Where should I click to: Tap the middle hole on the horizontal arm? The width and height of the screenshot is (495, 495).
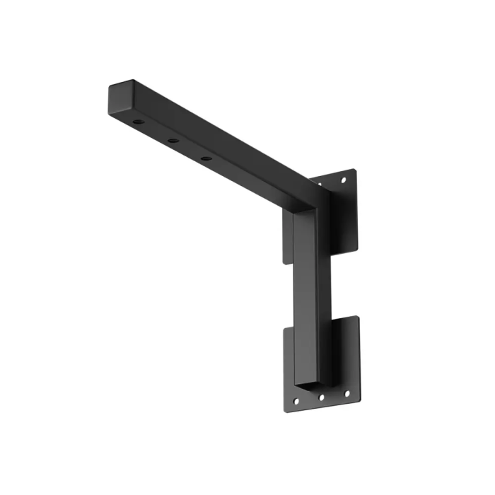[x=173, y=140]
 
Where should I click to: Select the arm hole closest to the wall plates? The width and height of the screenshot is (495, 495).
[x=205, y=158]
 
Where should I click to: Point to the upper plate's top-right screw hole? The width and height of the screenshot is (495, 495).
[x=344, y=180]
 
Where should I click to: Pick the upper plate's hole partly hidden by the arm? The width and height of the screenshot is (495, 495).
[x=319, y=185]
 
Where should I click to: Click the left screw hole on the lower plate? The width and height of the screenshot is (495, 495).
[x=296, y=402]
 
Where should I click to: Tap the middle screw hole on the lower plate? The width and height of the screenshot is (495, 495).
[x=321, y=397]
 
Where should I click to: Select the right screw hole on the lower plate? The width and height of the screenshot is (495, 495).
[x=346, y=392]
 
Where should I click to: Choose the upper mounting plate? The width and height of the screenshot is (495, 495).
[x=343, y=212]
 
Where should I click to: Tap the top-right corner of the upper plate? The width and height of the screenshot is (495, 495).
[x=354, y=169]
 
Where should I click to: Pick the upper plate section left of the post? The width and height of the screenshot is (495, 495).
[x=288, y=237]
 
